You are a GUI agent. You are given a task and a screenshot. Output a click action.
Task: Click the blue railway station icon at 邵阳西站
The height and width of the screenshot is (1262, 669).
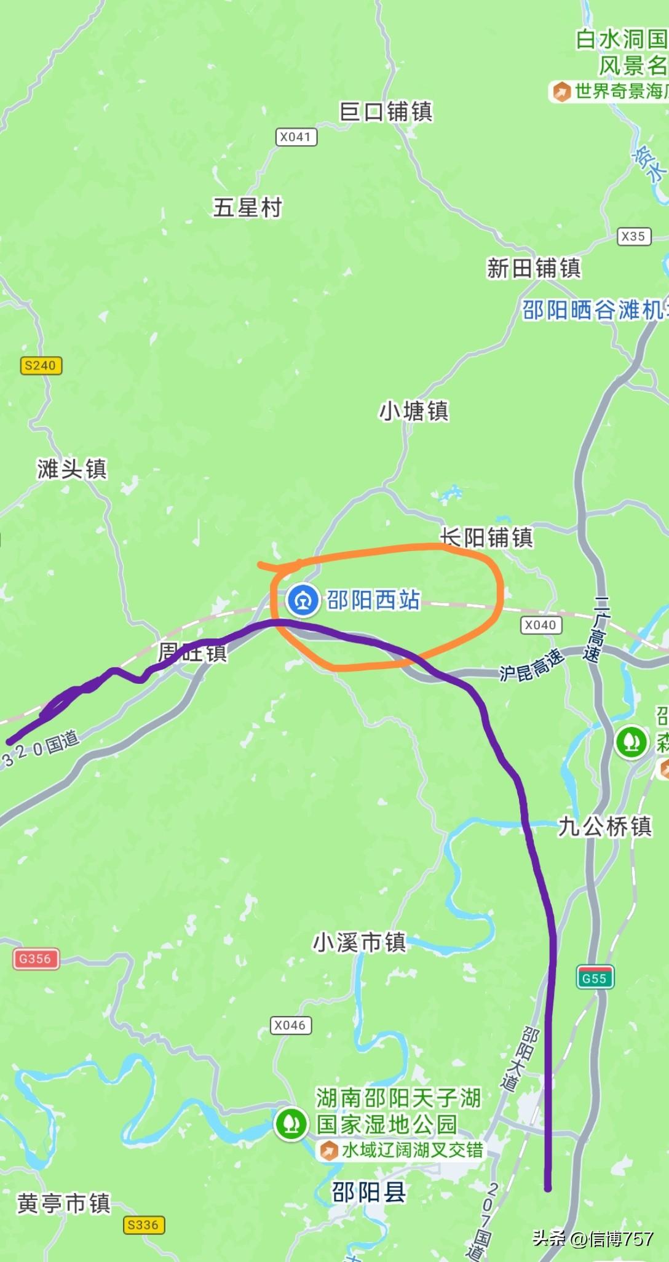303,600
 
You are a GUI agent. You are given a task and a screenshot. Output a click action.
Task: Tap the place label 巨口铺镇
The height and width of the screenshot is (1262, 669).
386,111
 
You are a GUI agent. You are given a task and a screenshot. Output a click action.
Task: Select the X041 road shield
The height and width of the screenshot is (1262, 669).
296,137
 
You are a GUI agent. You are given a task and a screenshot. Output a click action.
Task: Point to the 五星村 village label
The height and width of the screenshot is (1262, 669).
247,207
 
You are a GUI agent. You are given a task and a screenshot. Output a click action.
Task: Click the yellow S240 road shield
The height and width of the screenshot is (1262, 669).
41,365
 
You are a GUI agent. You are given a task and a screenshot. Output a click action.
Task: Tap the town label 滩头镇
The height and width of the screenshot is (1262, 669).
72,469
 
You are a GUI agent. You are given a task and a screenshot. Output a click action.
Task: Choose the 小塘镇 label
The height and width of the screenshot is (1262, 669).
414,411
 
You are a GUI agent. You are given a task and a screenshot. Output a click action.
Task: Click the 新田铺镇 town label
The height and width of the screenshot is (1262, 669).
534,268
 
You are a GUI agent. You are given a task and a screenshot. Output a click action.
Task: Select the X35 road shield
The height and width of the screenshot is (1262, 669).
633,236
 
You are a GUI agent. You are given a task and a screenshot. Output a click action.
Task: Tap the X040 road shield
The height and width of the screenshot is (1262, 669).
540,625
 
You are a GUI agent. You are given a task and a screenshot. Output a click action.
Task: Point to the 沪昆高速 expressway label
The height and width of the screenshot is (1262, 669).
531,665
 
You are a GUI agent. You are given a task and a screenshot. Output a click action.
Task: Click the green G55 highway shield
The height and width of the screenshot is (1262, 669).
595,978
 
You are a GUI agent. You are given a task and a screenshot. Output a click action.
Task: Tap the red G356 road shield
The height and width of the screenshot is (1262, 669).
36,958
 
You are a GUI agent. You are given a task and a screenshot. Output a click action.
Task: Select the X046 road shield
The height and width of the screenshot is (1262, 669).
290,1025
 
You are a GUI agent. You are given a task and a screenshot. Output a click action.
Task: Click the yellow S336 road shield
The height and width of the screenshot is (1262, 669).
143,1224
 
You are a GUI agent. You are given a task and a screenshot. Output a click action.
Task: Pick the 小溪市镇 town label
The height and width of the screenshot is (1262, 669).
360,942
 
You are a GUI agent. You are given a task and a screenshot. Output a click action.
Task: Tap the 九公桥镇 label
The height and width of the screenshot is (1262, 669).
604,826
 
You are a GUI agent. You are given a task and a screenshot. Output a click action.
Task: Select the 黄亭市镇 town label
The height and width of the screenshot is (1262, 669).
64,1203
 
